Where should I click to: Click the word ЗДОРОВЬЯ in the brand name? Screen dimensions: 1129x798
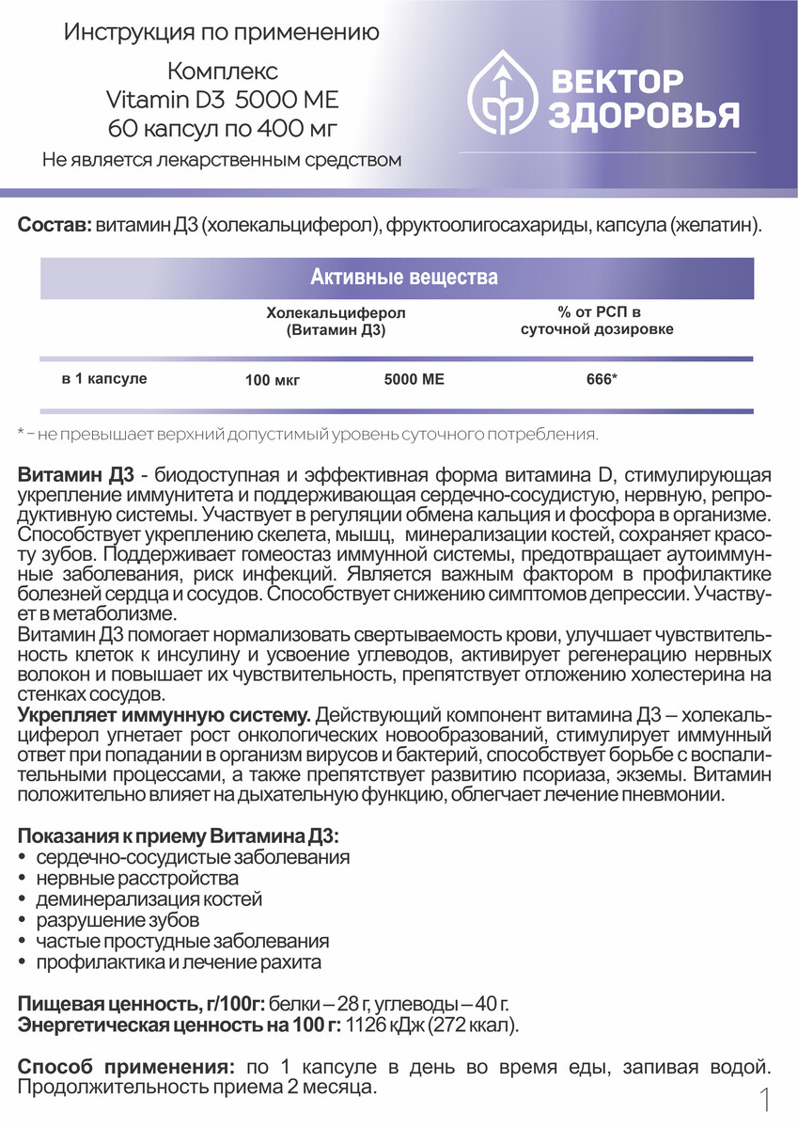pos(642,115)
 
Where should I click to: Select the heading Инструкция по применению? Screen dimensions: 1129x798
pos(222,34)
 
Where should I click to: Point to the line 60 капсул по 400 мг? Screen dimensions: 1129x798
pos(222,127)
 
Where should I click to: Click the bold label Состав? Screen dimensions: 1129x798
pos(55,227)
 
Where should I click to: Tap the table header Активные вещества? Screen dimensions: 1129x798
pos(403,278)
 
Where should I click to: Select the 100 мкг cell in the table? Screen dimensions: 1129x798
pos(271,381)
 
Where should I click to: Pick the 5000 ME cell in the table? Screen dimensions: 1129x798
pos(415,380)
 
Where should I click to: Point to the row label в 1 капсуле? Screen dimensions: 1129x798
pos(104,379)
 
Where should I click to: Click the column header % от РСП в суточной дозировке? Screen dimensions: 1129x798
pos(598,321)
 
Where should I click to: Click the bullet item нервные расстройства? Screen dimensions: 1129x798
pos(137,879)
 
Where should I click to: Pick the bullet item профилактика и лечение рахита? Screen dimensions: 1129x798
pos(179,962)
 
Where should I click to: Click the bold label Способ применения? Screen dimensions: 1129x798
pos(126,1067)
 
